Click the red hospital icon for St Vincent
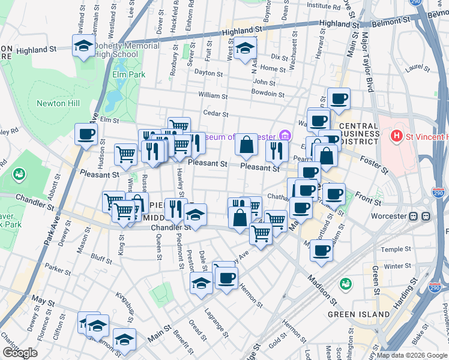(x=396, y=136)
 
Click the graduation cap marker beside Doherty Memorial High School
(x=83, y=45)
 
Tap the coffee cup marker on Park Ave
(x=86, y=134)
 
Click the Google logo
(x=20, y=353)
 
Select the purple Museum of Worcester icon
(x=284, y=136)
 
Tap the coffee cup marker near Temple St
(x=321, y=250)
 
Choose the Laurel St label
(x=414, y=68)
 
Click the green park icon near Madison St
(x=345, y=283)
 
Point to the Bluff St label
(x=101, y=260)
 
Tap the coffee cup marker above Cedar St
(x=339, y=98)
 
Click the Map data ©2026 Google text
(x=412, y=355)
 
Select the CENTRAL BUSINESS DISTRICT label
(x=359, y=133)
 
